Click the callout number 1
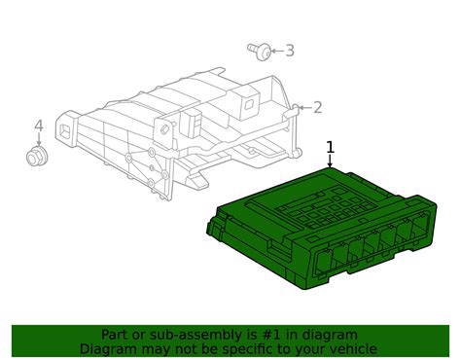[x=331, y=148]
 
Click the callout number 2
[x=317, y=108]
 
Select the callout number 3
[x=289, y=51]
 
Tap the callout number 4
[x=39, y=126]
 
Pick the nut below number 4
[x=39, y=157]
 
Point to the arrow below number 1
[x=331, y=162]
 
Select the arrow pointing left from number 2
[x=303, y=108]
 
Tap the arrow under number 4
[x=39, y=140]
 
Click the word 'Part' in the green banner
[x=117, y=335]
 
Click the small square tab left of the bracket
[x=68, y=127]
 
